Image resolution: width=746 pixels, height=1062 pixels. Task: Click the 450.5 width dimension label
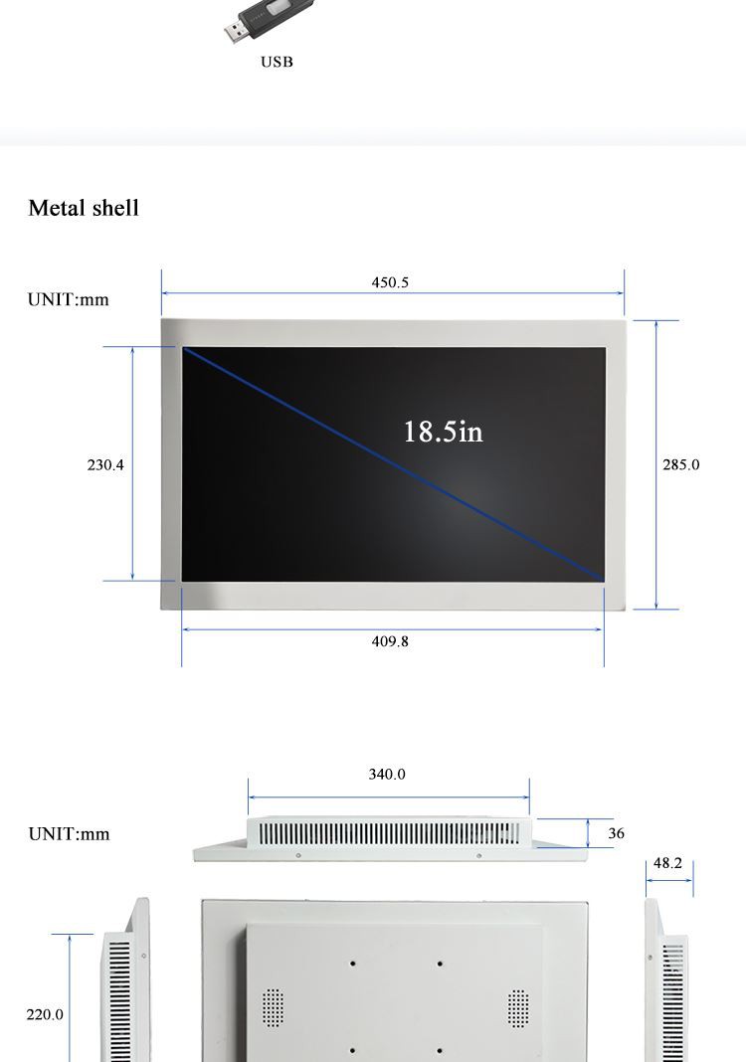(x=390, y=282)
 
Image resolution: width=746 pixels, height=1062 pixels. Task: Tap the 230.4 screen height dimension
(x=105, y=464)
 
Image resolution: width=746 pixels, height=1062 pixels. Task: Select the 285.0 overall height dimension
(x=681, y=464)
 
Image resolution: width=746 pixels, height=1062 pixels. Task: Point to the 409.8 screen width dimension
(x=390, y=641)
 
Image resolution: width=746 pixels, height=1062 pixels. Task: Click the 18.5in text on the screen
(x=444, y=432)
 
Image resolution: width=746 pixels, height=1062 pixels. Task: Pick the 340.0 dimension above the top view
(x=387, y=775)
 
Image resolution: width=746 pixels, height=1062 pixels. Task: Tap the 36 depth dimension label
(x=616, y=833)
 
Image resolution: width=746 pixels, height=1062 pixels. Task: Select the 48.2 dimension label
(x=667, y=863)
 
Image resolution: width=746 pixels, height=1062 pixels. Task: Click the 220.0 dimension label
(x=45, y=1014)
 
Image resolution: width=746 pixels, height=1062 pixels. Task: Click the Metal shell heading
(x=84, y=208)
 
